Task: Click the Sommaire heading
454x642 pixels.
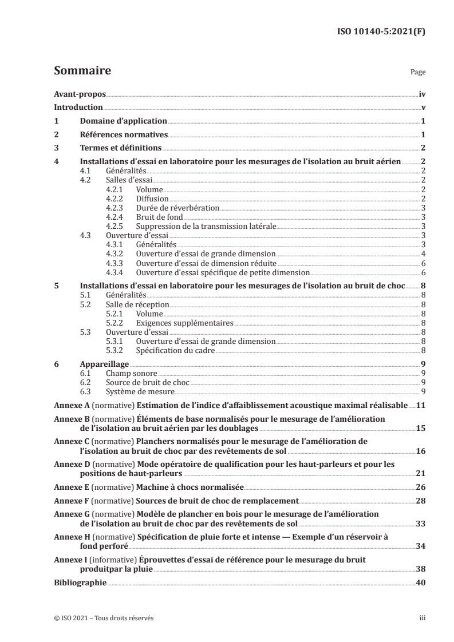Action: point(82,72)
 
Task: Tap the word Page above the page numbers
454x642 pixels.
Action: point(418,73)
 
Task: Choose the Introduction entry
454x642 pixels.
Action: point(78,108)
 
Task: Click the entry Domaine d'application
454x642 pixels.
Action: point(123,121)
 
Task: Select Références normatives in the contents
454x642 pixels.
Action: point(123,135)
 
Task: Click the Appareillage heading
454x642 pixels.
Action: point(104,363)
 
